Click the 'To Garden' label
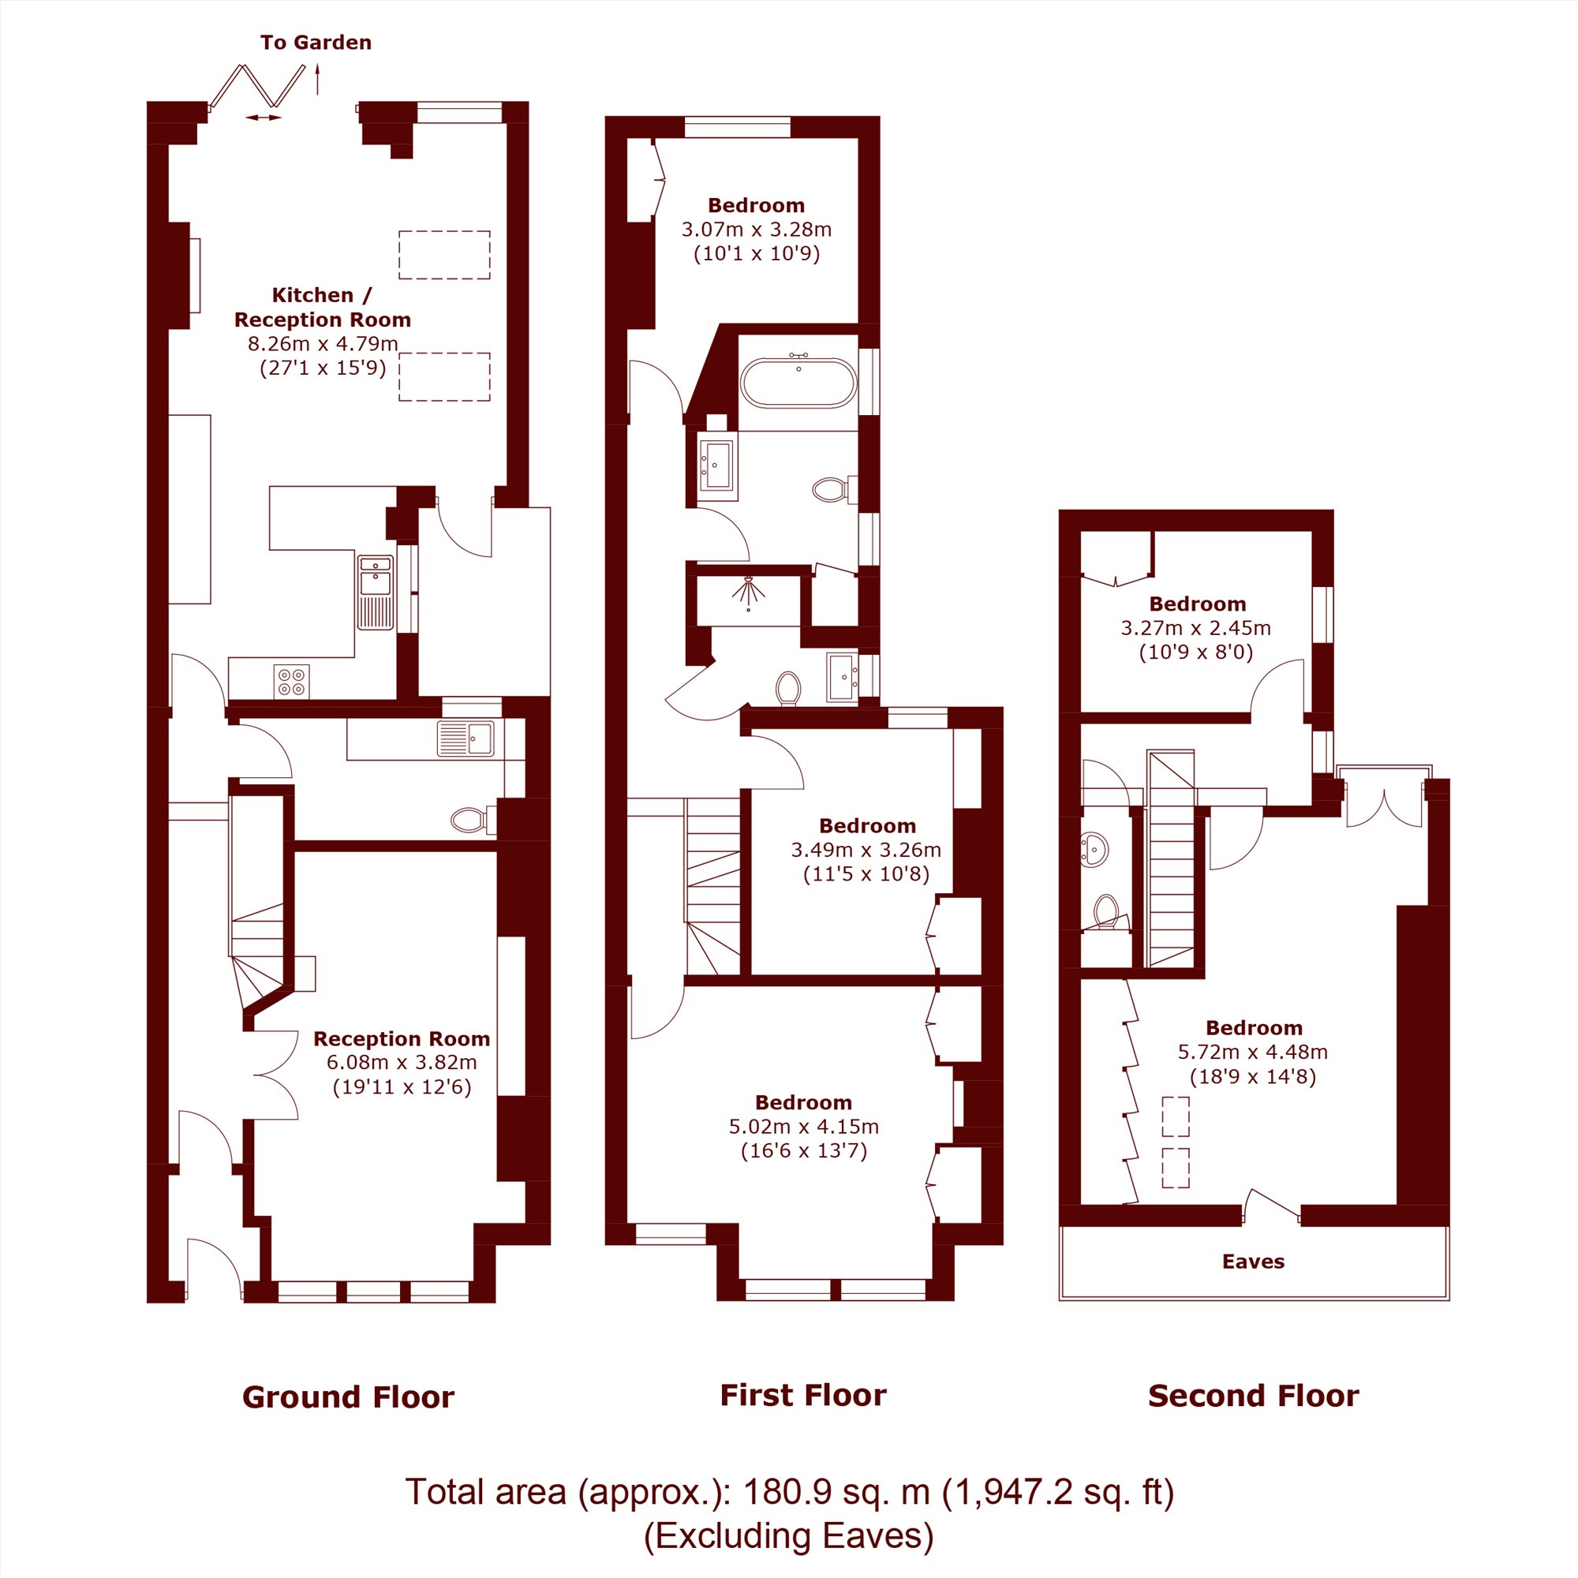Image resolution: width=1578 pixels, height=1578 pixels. point(316,43)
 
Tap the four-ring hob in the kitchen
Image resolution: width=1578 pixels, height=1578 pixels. point(292,682)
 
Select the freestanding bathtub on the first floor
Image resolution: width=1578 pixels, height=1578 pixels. point(798,381)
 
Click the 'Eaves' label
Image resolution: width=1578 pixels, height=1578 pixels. point(1253,1262)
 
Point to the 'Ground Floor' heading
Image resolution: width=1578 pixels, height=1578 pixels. point(348,1397)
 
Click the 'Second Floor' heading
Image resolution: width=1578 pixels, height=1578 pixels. point(1253,1396)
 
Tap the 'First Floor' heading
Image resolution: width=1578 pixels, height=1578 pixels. point(803,1395)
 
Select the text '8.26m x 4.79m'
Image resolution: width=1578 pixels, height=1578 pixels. point(323,343)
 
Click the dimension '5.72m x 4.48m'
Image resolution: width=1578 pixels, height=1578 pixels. point(1252,1052)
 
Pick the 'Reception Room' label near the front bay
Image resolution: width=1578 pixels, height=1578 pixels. point(401,1039)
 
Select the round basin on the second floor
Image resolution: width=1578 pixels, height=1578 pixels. point(1094,850)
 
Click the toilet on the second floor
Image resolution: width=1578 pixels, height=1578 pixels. point(1108,912)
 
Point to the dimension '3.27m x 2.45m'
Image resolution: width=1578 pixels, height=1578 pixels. point(1196,628)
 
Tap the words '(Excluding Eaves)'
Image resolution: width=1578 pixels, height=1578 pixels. point(788,1535)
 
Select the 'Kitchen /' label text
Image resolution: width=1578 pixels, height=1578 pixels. point(322,295)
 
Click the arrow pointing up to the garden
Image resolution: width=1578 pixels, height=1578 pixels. point(318,80)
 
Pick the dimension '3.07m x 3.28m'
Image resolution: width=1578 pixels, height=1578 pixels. point(757,230)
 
